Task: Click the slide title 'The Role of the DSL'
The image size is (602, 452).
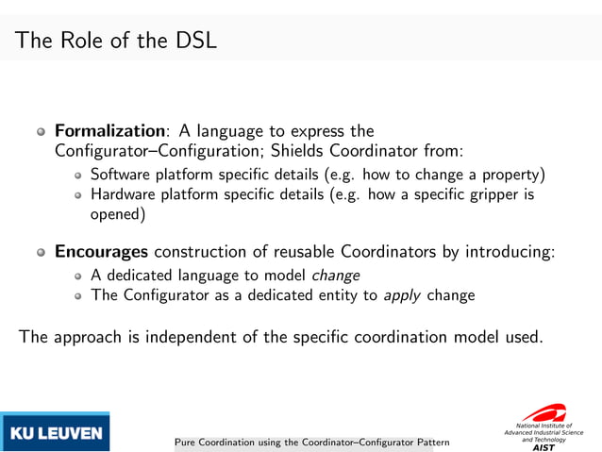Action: coord(116,41)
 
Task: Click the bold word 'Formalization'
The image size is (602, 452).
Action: coord(109,131)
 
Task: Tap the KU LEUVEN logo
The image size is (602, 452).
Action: coord(56,433)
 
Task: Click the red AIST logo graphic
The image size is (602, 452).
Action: coord(544,413)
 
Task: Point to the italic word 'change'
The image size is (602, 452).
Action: coord(335,276)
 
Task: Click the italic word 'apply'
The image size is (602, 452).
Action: coord(402,295)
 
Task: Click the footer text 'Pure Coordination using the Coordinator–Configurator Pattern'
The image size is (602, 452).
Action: coord(311,442)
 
